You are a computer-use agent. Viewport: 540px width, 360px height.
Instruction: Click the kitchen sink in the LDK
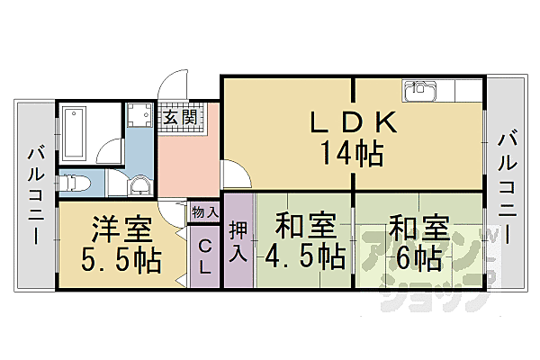pos(420,91)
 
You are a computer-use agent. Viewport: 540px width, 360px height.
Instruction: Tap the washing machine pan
pos(139,116)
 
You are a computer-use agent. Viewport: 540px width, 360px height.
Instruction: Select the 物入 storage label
pos(205,212)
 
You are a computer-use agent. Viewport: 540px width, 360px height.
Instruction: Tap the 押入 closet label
pos(238,241)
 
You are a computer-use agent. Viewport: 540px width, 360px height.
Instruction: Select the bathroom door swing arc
pos(105,150)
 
